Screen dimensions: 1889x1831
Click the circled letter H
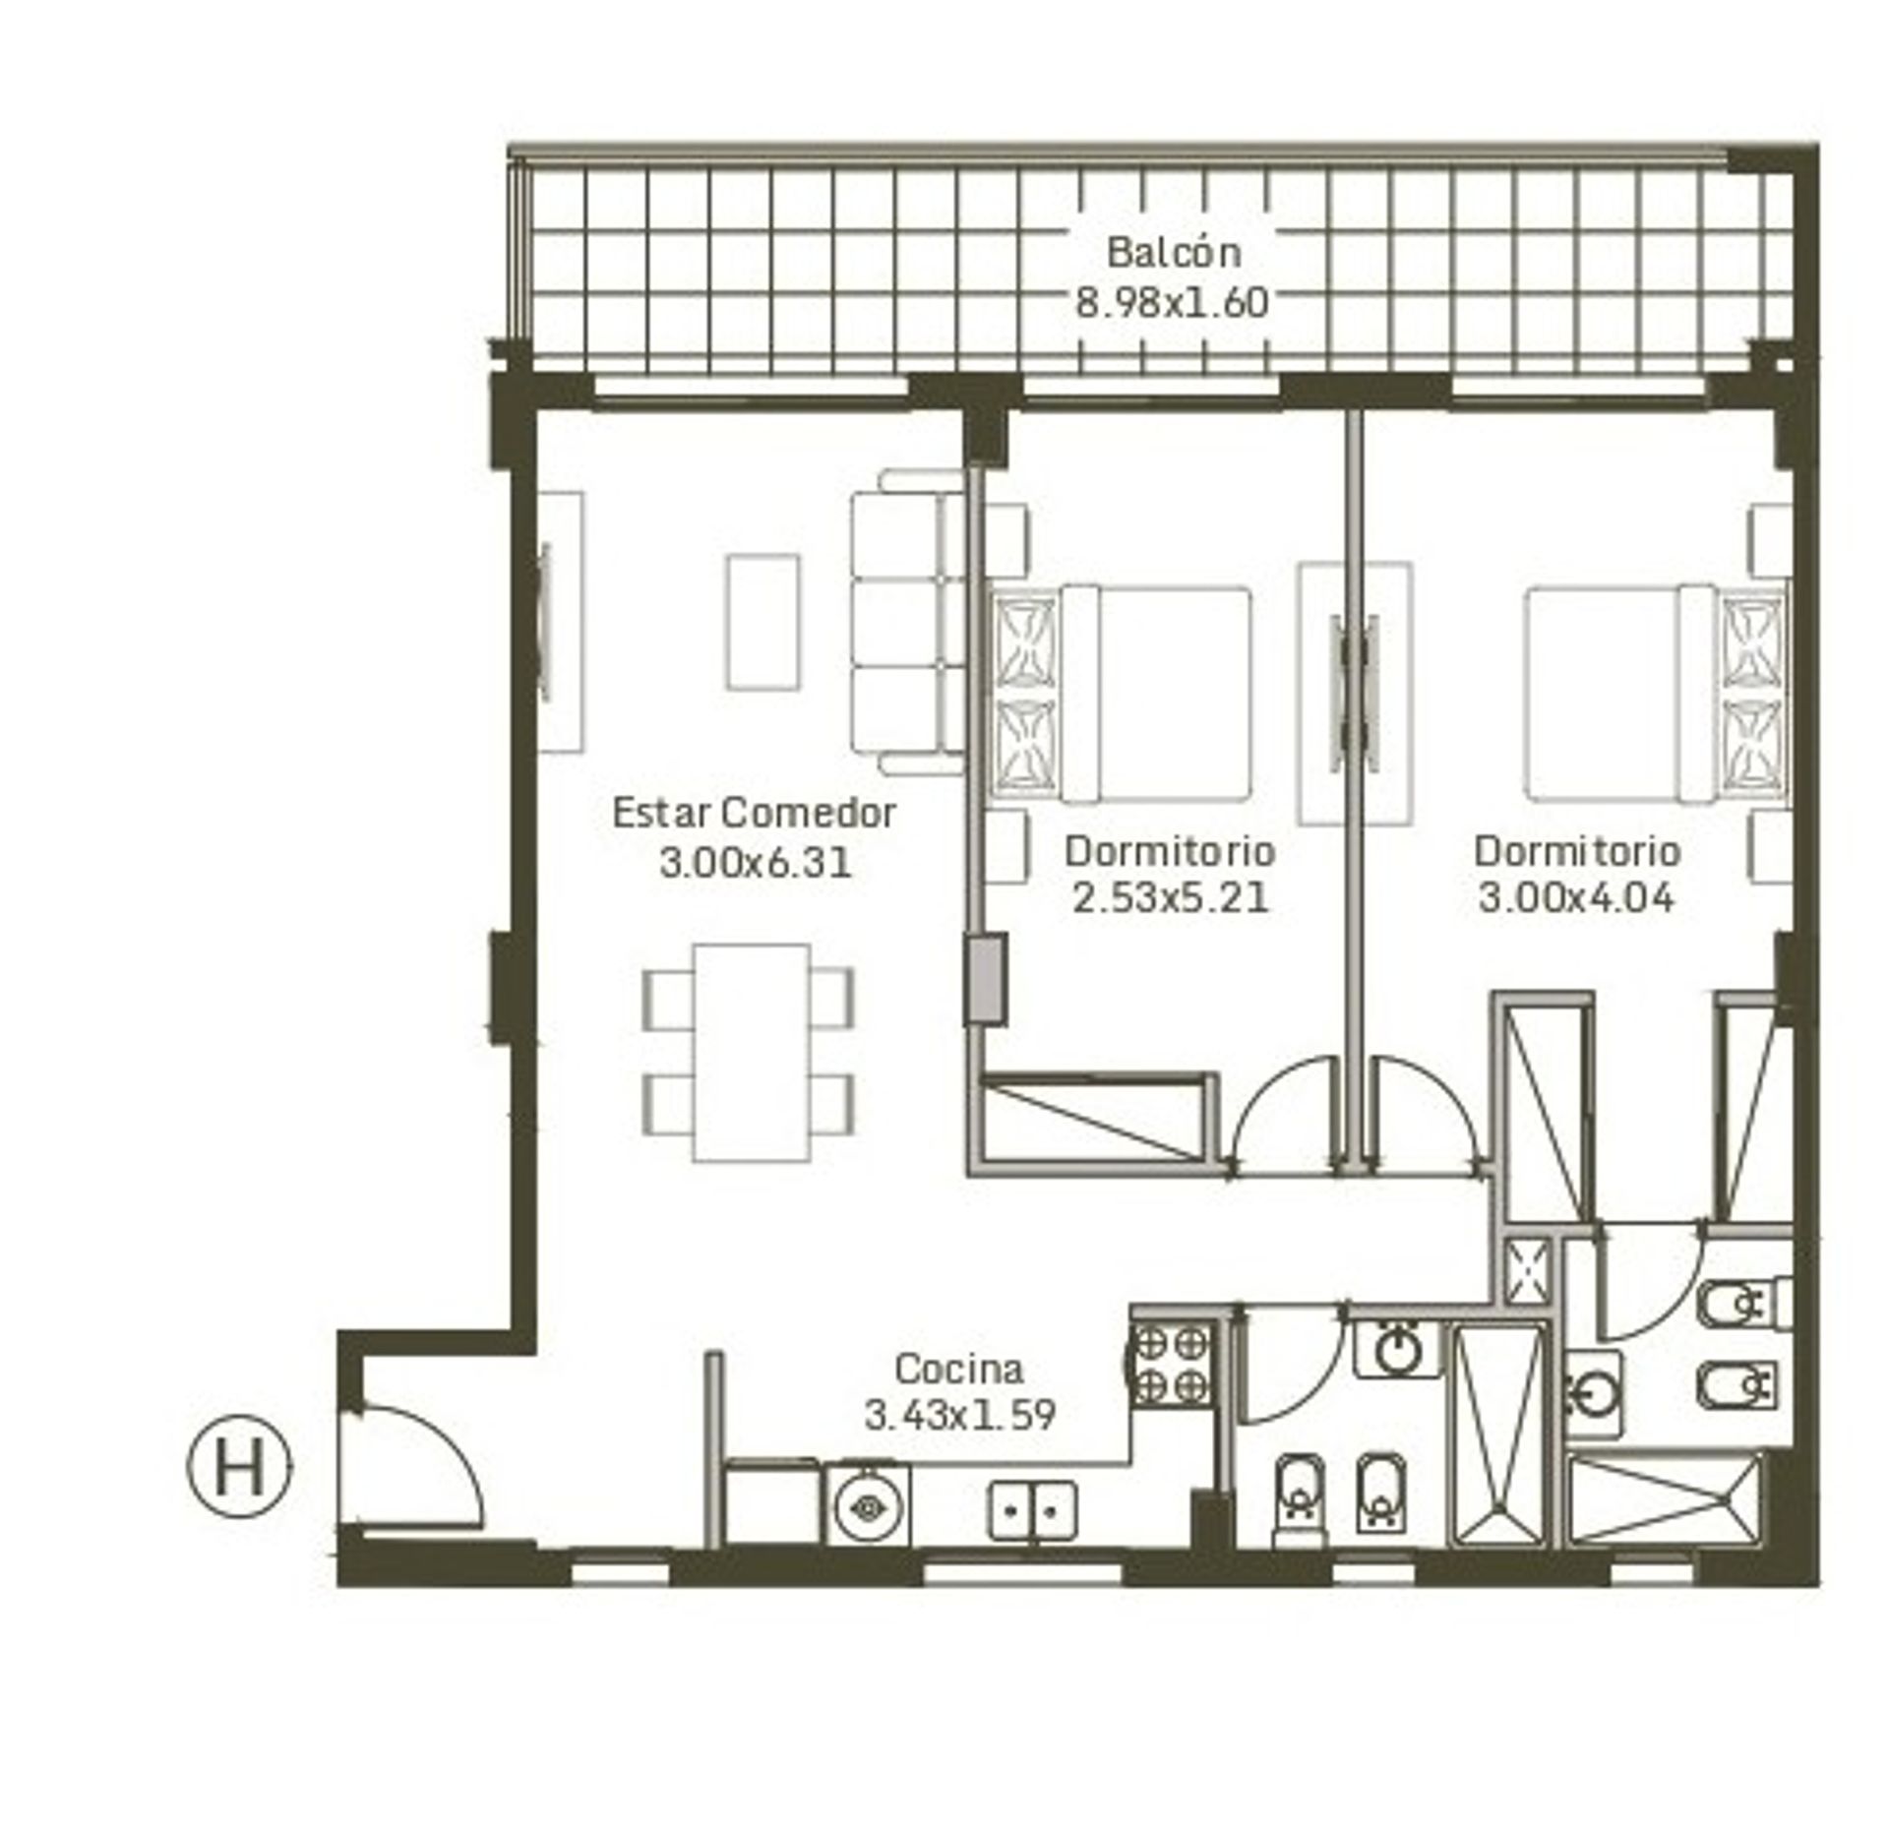click(x=239, y=1469)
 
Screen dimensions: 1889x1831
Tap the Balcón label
click(x=1174, y=253)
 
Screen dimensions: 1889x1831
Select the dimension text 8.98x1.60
click(x=1172, y=302)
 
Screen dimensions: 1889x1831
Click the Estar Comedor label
click(x=754, y=813)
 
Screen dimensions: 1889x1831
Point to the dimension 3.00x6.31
click(x=755, y=863)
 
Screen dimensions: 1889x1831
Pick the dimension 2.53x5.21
click(x=1170, y=898)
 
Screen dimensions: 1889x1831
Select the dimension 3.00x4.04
click(x=1576, y=898)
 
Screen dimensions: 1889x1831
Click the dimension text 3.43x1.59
click(x=959, y=1415)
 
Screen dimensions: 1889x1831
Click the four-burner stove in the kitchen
click(x=1172, y=1365)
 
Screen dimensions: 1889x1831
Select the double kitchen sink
click(x=1032, y=1510)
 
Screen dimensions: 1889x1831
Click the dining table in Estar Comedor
click(x=752, y=1053)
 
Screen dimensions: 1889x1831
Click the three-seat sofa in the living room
click(x=907, y=622)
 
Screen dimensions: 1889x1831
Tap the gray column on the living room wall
click(x=985, y=979)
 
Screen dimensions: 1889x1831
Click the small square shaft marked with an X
click(x=1527, y=1272)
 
